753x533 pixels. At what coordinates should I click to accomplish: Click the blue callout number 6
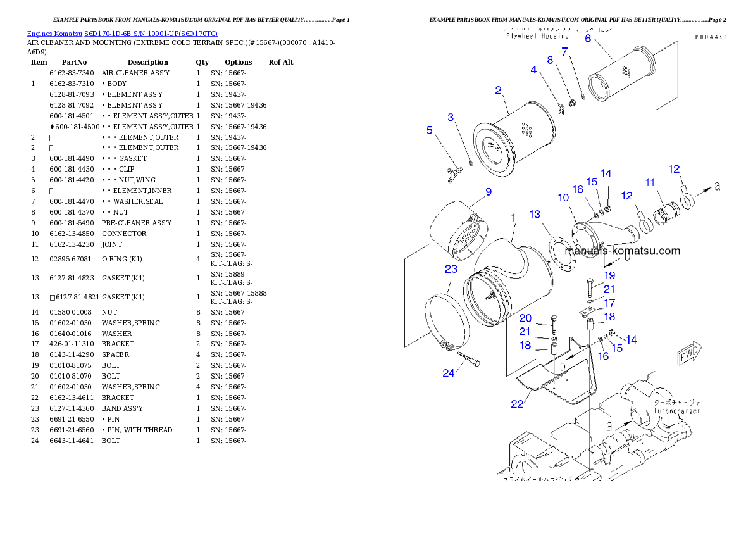(588, 38)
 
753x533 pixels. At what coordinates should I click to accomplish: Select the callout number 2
(499, 91)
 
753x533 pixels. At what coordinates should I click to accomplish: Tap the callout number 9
(489, 191)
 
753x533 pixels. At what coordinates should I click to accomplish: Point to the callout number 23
(451, 269)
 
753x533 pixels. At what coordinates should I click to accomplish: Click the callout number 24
(448, 373)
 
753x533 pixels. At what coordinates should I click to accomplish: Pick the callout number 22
(517, 404)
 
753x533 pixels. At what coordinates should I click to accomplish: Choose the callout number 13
(535, 214)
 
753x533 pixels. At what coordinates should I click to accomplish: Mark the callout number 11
(650, 182)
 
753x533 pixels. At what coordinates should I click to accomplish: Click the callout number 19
(609, 275)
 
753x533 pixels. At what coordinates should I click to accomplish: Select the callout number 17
(609, 303)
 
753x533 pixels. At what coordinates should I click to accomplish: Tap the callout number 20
(525, 318)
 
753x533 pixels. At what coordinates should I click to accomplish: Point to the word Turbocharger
(676, 411)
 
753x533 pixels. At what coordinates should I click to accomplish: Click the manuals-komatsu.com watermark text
(622, 251)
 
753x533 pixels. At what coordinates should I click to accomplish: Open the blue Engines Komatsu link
(122, 33)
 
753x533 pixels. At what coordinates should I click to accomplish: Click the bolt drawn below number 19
(589, 289)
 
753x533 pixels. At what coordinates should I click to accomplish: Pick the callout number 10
(563, 198)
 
